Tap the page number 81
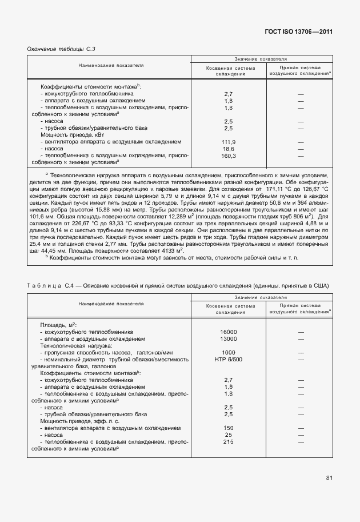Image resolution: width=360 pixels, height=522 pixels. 330,477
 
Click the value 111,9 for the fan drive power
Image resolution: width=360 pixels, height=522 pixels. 229,142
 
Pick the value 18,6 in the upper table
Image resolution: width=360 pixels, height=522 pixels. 229,149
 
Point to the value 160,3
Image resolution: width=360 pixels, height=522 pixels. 229,156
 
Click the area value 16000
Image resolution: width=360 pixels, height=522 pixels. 229,331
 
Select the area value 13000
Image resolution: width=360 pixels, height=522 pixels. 229,338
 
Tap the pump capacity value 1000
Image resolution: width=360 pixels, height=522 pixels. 229,352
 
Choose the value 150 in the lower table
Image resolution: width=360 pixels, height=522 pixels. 229,428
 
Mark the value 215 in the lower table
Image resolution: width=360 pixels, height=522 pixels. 229,441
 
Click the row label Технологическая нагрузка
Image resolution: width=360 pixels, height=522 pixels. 75,345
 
